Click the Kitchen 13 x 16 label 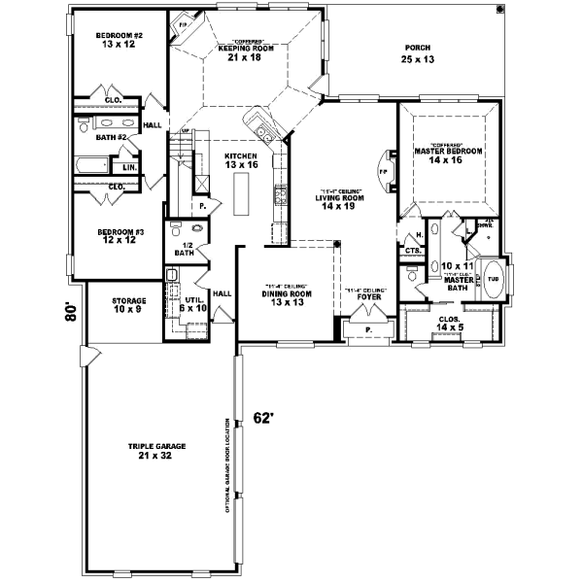point(240,161)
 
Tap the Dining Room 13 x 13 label point(287,297)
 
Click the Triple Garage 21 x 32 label point(156,451)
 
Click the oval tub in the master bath point(493,278)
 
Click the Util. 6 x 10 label point(195,304)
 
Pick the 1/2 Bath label point(183,249)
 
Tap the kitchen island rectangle point(239,200)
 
